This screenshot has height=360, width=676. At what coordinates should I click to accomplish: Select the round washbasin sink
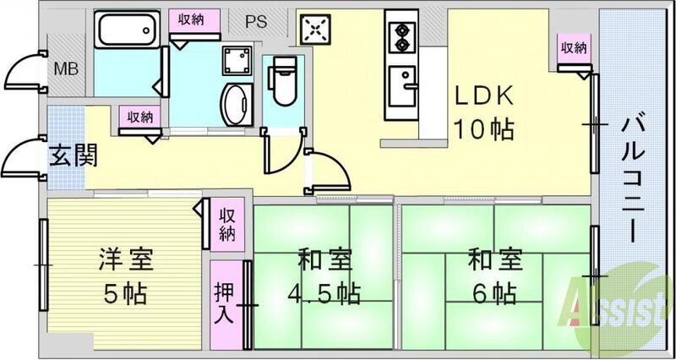[x=234, y=104]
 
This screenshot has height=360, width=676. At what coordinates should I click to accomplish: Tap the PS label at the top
[x=256, y=23]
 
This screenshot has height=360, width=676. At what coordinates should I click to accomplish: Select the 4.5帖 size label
[x=324, y=292]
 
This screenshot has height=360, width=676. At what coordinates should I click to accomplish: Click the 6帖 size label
[x=493, y=292]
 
